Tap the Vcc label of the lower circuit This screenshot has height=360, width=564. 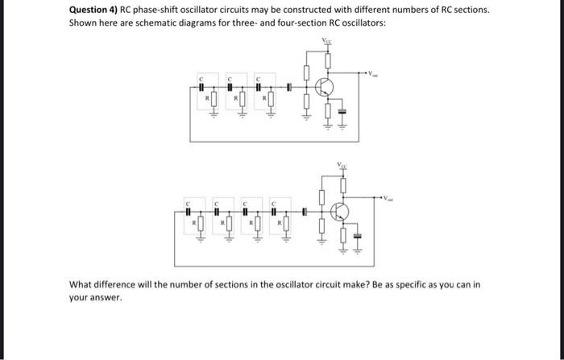tap(344, 164)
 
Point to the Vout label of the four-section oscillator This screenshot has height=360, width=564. tap(391, 198)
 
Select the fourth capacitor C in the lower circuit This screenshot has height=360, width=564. tap(275, 212)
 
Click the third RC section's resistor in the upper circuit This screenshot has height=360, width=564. tap(270, 102)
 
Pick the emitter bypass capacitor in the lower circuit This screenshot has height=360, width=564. tap(359, 235)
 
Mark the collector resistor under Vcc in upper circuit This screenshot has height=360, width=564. tap(328, 60)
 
